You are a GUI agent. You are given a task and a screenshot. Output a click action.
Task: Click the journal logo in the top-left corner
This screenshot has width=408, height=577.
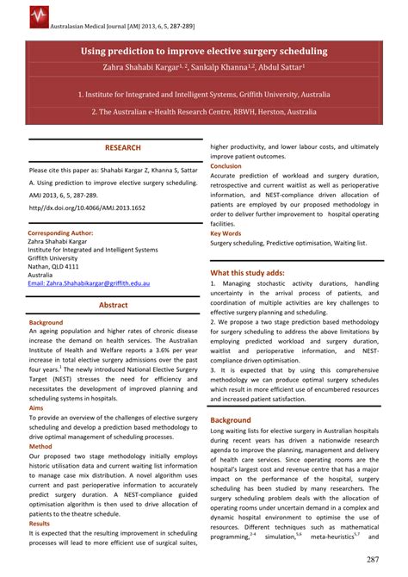[x=15, y=15]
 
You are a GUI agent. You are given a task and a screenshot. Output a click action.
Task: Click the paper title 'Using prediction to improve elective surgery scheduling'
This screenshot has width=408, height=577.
[x=204, y=52]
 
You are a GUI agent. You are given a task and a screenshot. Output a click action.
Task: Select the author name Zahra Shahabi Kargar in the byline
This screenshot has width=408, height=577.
[x=129, y=68]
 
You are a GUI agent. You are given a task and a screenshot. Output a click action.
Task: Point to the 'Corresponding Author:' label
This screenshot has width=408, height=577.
[x=61, y=233]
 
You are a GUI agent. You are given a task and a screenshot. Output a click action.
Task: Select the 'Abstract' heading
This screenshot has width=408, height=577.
[x=114, y=305]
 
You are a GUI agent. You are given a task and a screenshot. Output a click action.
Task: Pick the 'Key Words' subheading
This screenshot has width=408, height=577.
[x=226, y=233]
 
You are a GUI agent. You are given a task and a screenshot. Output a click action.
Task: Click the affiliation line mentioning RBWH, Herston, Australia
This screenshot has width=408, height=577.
[x=203, y=113]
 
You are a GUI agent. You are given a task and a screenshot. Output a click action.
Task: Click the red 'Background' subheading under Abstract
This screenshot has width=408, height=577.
[x=46, y=321]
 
